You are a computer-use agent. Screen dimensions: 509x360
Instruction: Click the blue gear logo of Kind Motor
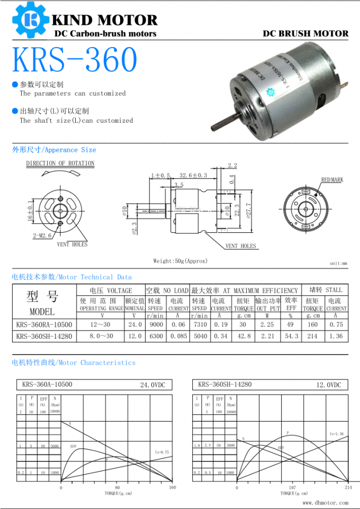(31, 20)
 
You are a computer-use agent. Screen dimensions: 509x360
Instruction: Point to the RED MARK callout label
(332, 180)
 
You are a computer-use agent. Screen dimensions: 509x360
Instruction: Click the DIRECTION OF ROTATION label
(60, 163)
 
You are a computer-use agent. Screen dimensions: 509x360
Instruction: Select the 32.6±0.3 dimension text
(193, 175)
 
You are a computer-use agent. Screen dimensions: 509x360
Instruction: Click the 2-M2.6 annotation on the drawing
(42, 236)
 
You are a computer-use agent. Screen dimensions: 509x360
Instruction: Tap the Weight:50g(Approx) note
(181, 261)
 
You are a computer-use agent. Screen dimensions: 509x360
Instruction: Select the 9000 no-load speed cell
(156, 324)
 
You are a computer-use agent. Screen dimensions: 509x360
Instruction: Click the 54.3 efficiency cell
(291, 336)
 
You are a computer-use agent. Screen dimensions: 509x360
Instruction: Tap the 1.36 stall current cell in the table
(336, 336)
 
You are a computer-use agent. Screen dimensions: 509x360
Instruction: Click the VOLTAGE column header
(111, 290)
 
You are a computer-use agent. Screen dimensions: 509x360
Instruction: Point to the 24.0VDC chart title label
(152, 385)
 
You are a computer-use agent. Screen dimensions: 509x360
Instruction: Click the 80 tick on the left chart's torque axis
(117, 487)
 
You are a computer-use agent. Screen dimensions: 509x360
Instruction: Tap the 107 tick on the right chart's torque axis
(293, 487)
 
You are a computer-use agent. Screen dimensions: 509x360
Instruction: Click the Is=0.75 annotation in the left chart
(161, 452)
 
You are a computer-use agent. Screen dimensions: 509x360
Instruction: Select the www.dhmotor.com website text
(326, 503)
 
